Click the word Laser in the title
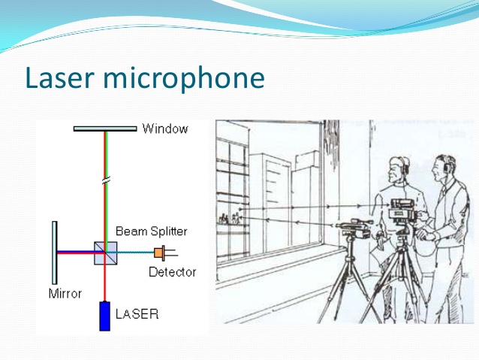pyautogui.click(x=59, y=77)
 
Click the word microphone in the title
pyautogui.click(x=184, y=79)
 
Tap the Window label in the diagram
pyautogui.click(x=165, y=129)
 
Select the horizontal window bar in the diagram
pyautogui.click(x=105, y=129)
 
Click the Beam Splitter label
pyautogui.click(x=151, y=231)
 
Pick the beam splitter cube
pyautogui.click(x=105, y=253)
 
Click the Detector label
pyautogui.click(x=172, y=272)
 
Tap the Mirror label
pyautogui.click(x=65, y=294)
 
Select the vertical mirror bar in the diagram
pyautogui.click(x=54, y=253)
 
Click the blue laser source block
pyautogui.click(x=104, y=316)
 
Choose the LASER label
pyautogui.click(x=137, y=314)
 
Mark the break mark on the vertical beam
pyautogui.click(x=106, y=180)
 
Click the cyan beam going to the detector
pyautogui.click(x=130, y=253)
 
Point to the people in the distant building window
pyautogui.click(x=230, y=219)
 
